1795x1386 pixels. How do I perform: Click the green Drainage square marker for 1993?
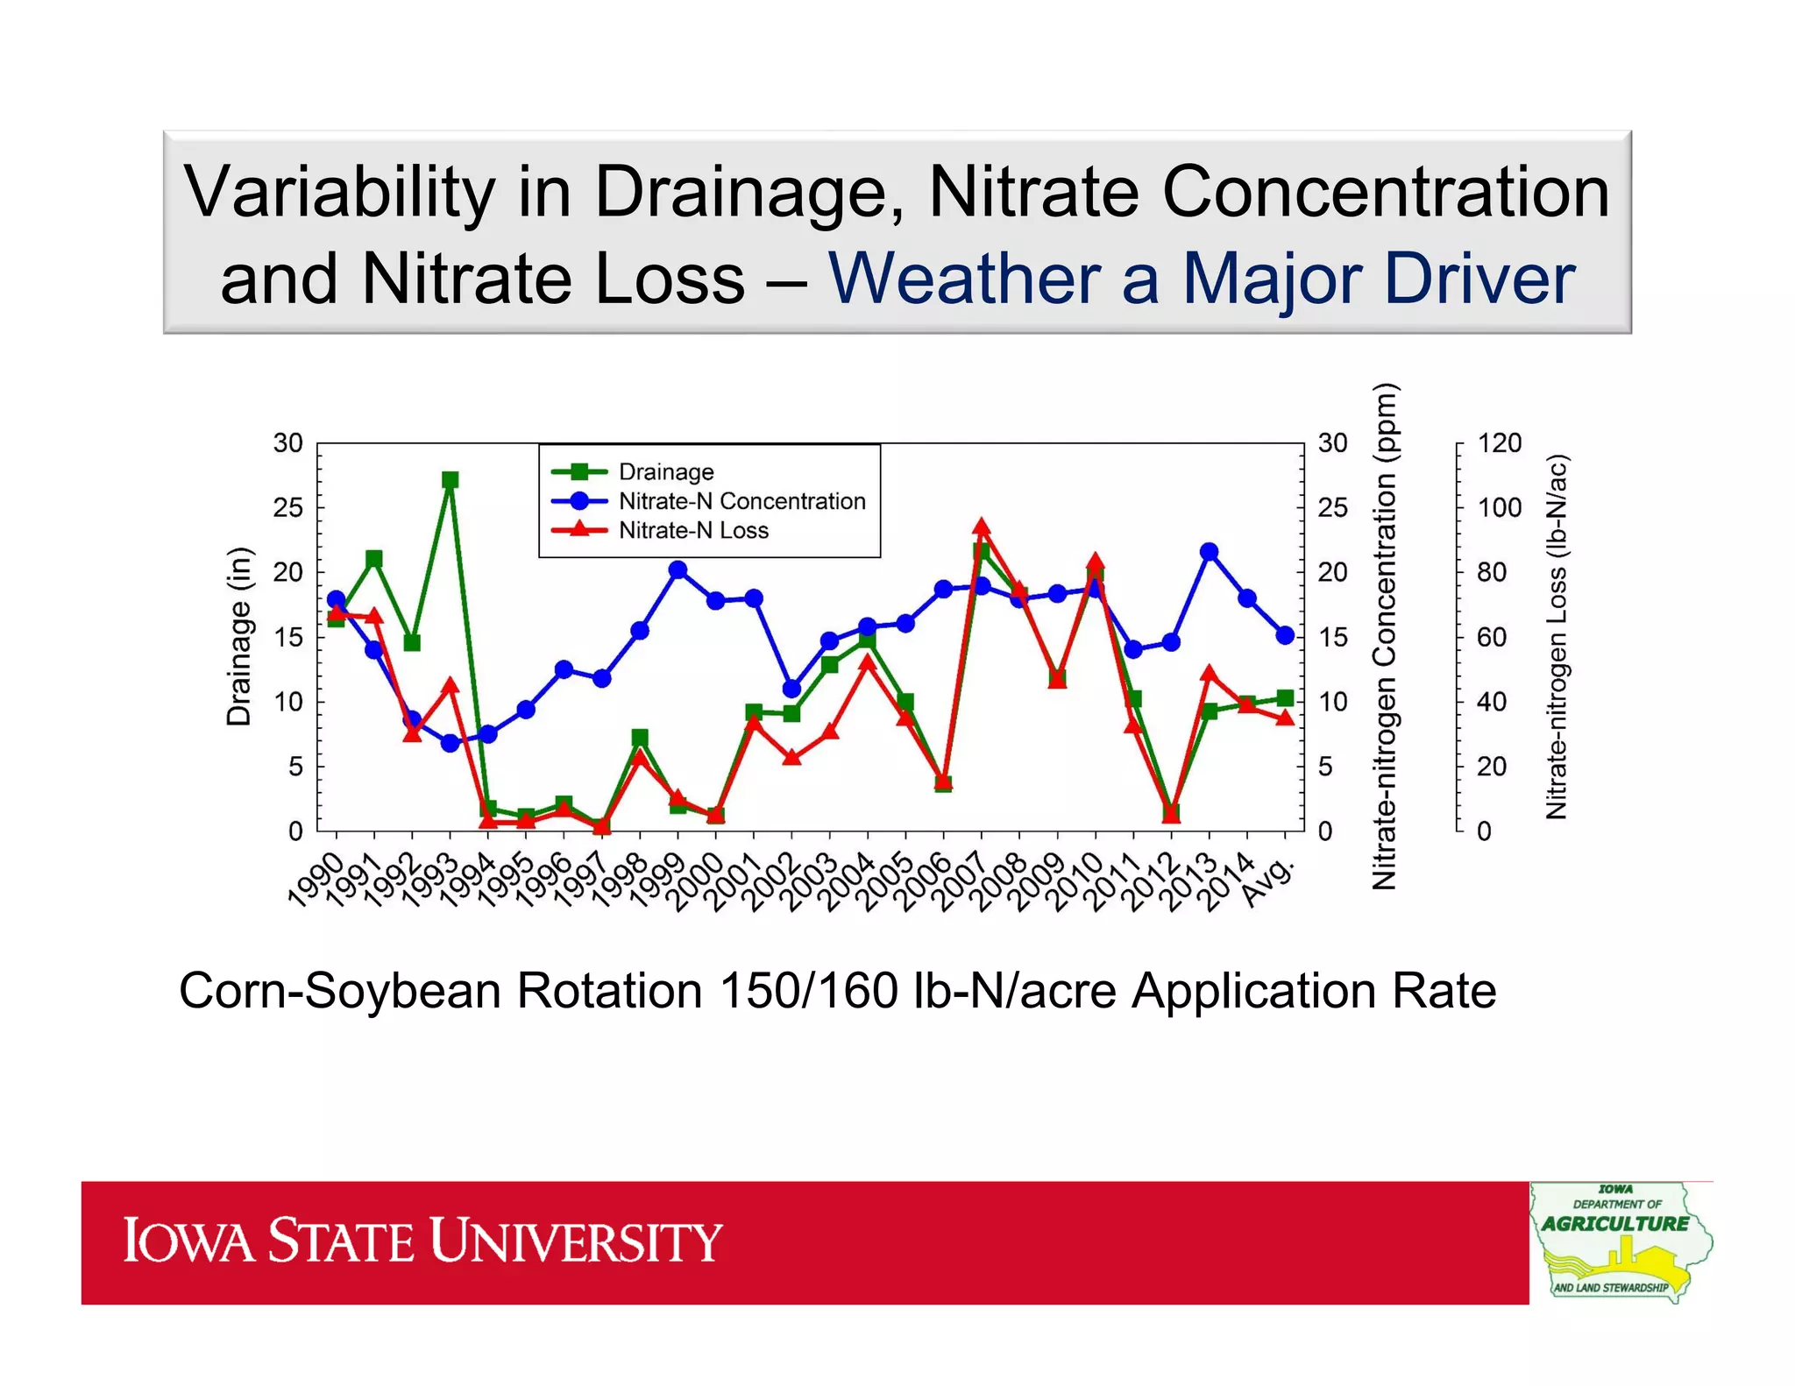451,480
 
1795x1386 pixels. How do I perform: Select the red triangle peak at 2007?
982,527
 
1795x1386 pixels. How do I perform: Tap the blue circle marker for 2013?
1210,552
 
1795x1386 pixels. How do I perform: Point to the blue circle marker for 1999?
678,570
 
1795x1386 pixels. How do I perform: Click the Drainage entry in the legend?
665,472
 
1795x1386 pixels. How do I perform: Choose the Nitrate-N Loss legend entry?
692,531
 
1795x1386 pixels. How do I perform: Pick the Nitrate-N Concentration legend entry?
741,501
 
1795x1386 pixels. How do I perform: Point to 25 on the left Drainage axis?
287,508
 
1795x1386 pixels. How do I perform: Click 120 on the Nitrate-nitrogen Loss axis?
1500,443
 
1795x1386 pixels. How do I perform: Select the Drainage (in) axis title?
238,636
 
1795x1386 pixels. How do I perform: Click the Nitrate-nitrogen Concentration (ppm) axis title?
1384,636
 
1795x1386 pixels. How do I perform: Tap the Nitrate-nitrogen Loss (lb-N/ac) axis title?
1557,636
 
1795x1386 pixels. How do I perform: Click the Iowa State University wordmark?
422,1241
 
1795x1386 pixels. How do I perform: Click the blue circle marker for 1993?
451,743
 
